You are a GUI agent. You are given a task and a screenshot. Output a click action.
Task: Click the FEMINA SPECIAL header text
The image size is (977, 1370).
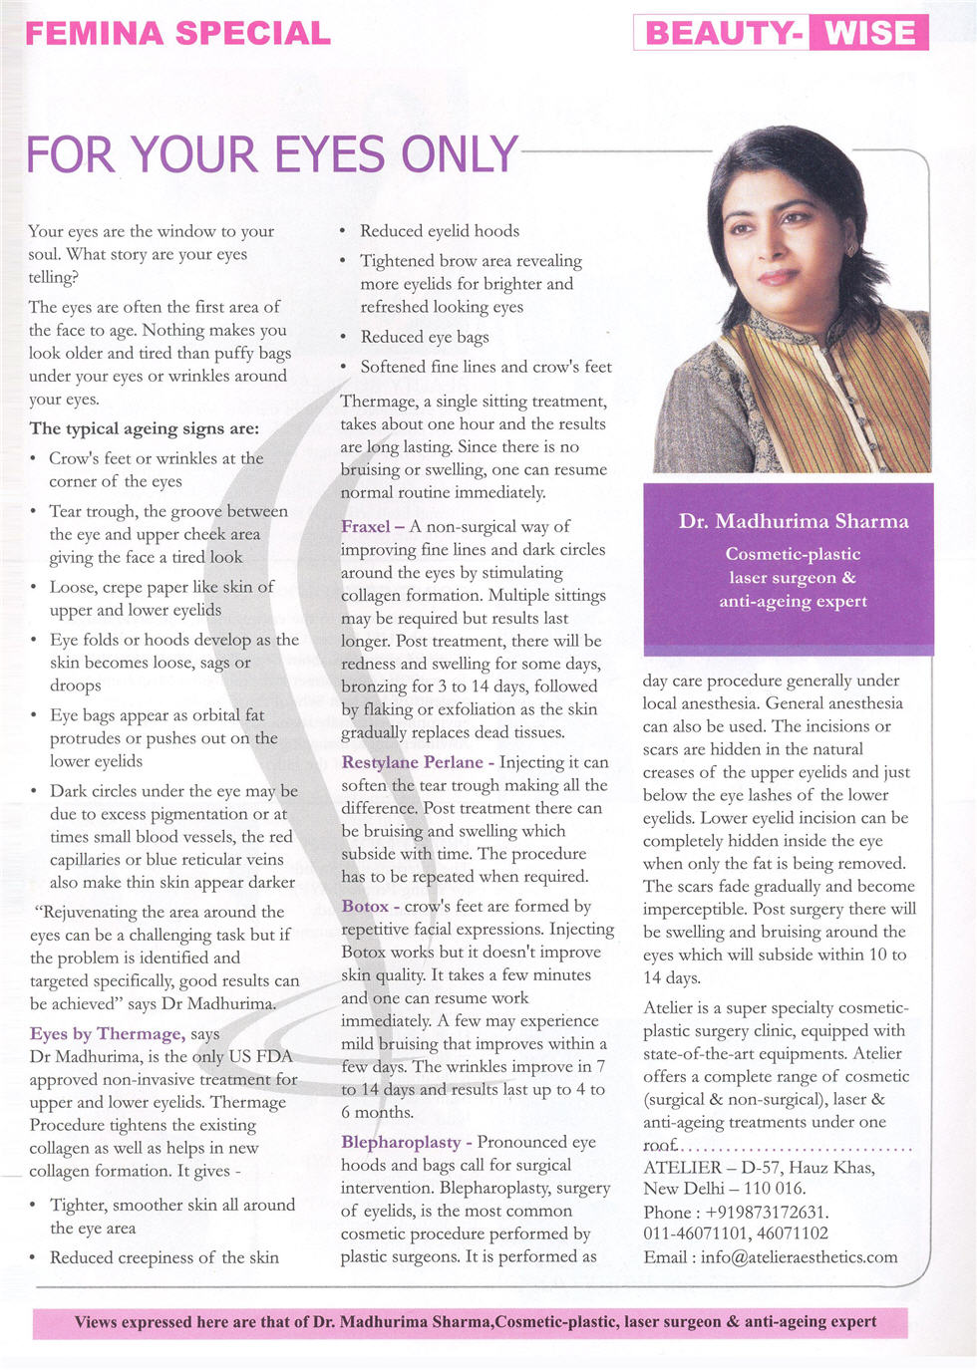coord(177,33)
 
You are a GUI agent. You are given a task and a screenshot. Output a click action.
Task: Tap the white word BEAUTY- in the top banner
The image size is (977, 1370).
coord(724,33)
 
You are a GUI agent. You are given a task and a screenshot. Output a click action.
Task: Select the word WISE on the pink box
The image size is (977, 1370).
coord(869,33)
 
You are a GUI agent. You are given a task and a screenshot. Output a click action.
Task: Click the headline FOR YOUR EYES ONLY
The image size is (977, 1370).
coord(271,155)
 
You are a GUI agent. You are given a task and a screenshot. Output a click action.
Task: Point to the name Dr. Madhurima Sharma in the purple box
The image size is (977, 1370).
coord(794,521)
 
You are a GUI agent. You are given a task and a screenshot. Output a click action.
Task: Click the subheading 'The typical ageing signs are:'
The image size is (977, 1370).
coord(145,428)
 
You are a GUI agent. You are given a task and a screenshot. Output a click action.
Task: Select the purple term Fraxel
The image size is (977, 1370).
coord(366,526)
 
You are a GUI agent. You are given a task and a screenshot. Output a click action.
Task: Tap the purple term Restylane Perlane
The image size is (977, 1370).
coord(412,762)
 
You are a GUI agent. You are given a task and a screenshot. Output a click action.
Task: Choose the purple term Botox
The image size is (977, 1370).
coord(365,907)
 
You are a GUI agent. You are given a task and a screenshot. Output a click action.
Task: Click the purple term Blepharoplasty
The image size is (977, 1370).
coord(401,1142)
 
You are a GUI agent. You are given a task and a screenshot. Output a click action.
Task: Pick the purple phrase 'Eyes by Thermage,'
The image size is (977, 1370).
coord(107,1034)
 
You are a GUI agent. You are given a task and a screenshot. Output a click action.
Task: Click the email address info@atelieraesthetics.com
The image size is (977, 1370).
coord(799,1257)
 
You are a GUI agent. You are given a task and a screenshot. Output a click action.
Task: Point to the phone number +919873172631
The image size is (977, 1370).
coord(766,1212)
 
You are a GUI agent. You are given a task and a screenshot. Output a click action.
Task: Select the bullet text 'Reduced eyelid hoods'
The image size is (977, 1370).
coord(440,231)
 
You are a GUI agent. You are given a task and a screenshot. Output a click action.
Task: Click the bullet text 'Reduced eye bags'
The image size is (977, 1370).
coord(425,337)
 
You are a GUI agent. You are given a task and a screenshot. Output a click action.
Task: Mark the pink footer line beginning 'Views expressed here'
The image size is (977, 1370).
coord(475,1322)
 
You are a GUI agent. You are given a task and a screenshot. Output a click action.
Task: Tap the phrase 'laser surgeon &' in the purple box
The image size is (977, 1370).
coord(792,578)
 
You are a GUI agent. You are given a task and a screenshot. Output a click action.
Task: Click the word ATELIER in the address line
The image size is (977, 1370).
coord(682,1168)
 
